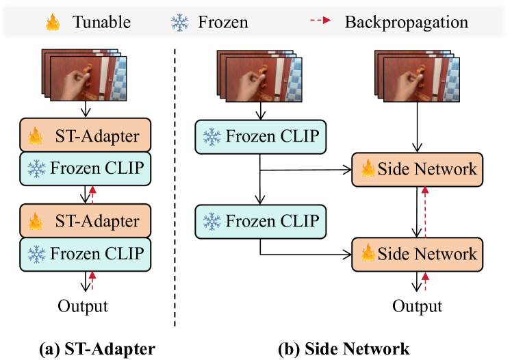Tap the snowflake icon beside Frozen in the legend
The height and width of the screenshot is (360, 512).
pyautogui.click(x=179, y=22)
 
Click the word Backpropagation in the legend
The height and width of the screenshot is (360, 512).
pyautogui.click(x=406, y=22)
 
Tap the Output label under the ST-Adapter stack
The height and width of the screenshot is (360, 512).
pyautogui.click(x=83, y=305)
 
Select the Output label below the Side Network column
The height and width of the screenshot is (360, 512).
pyautogui.click(x=417, y=305)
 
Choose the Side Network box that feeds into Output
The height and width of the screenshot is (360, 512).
pyautogui.click(x=417, y=253)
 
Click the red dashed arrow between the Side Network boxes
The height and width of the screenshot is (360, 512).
pyautogui.click(x=425, y=211)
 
